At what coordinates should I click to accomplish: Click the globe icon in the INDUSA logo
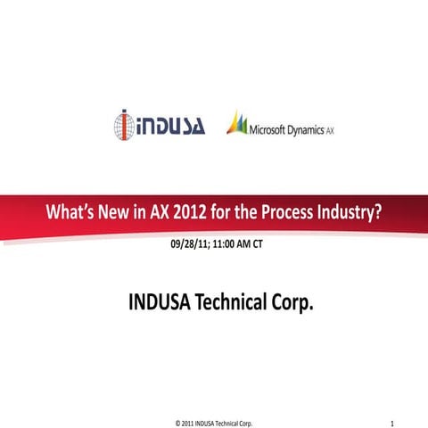(x=125, y=124)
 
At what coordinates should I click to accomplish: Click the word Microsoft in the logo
(x=270, y=127)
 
